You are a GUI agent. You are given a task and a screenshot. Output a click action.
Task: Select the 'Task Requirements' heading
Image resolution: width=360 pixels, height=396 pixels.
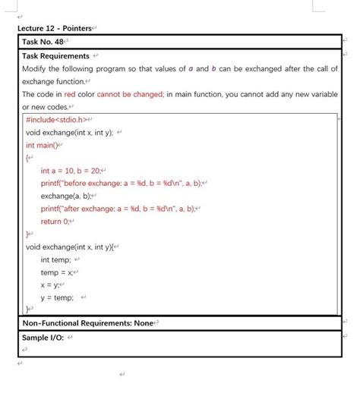pyautogui.click(x=55, y=55)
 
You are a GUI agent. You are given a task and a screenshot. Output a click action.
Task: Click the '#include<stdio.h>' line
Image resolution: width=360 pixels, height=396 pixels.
pyautogui.click(x=58, y=120)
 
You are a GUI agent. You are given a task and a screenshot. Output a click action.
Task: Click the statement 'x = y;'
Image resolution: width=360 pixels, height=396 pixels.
pyautogui.click(x=52, y=284)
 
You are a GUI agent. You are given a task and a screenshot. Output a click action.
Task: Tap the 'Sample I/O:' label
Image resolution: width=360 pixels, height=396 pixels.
pyautogui.click(x=45, y=337)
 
